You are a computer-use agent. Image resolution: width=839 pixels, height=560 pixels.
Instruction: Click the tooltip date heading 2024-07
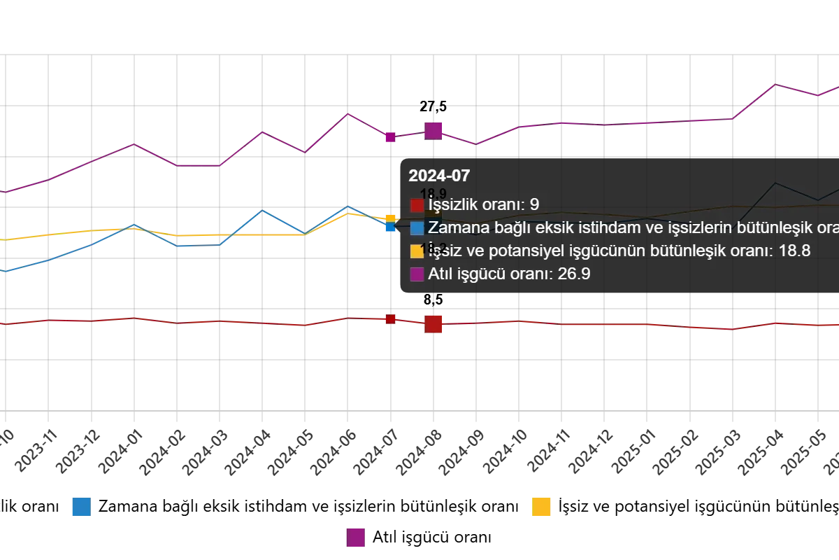pyautogui.click(x=439, y=176)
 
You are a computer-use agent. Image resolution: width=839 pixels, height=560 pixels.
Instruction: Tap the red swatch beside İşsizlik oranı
pyautogui.click(x=417, y=205)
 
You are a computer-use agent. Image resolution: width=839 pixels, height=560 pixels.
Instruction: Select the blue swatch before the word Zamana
pyautogui.click(x=417, y=227)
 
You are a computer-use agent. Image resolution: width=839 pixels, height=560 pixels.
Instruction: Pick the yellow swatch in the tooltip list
pyautogui.click(x=417, y=251)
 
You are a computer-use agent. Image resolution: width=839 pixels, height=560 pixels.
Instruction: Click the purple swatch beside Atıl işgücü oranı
pyautogui.click(x=417, y=274)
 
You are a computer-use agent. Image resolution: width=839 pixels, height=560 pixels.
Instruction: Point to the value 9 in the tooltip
pyautogui.click(x=534, y=205)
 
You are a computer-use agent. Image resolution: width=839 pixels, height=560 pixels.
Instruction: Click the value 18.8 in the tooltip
pyautogui.click(x=794, y=251)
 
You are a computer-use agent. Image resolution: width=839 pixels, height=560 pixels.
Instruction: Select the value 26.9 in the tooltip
pyautogui.click(x=574, y=274)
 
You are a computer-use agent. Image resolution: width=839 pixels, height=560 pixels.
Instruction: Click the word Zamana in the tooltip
pyautogui.click(x=455, y=227)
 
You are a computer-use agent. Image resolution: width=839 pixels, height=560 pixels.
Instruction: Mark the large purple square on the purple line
pyautogui.click(x=433, y=130)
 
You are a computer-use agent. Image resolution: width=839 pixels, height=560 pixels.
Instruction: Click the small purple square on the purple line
pyautogui.click(x=390, y=137)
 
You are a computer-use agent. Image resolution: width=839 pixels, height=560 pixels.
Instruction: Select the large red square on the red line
pyautogui.click(x=434, y=324)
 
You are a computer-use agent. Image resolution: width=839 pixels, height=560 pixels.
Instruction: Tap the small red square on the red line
pyautogui.click(x=391, y=319)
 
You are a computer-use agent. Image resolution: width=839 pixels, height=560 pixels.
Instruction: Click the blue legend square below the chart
pyautogui.click(x=81, y=506)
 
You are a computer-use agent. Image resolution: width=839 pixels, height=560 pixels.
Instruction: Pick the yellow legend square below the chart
pyautogui.click(x=541, y=507)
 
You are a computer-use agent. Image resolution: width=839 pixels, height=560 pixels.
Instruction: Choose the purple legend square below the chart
pyautogui.click(x=356, y=538)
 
